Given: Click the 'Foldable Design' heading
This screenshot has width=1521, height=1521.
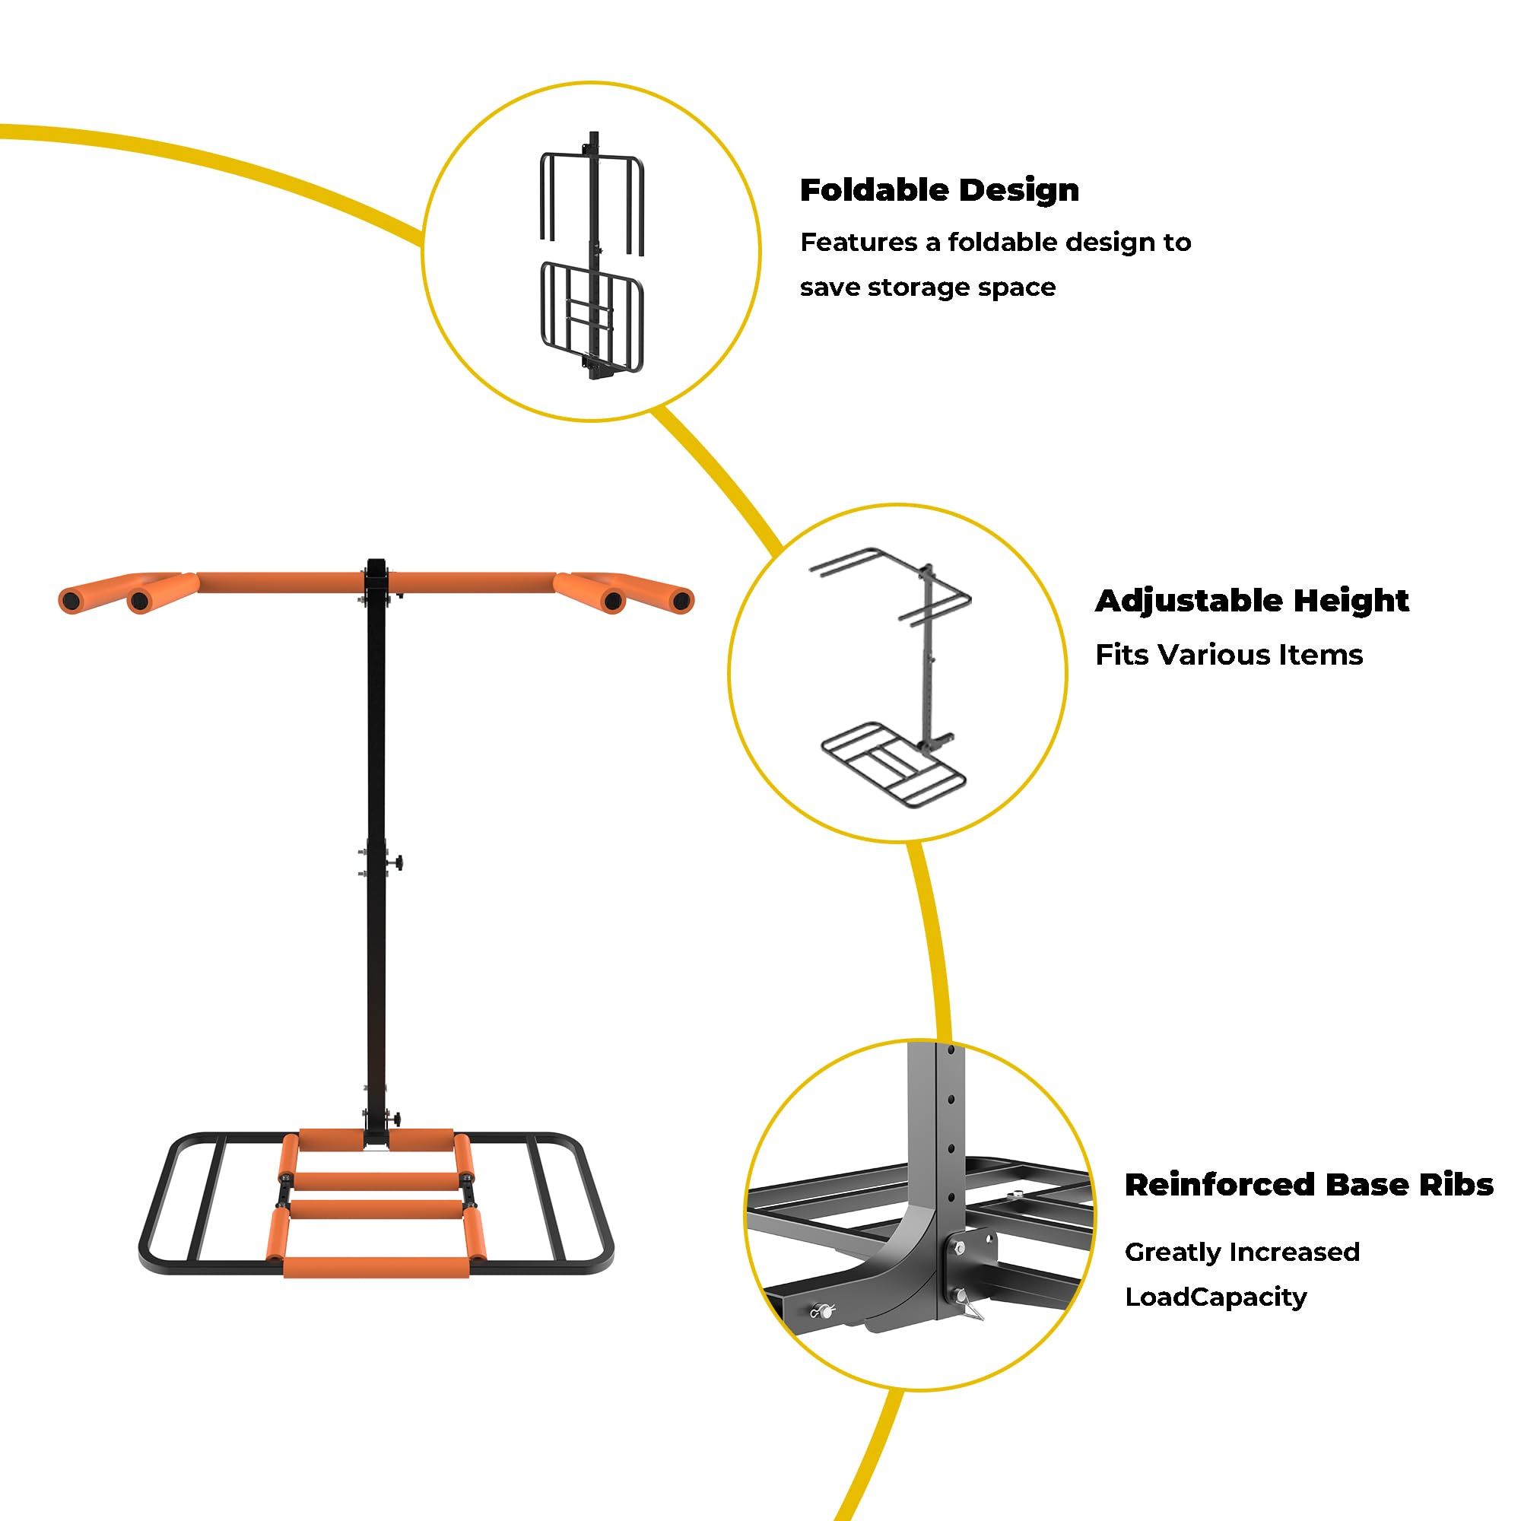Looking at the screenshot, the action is (939, 191).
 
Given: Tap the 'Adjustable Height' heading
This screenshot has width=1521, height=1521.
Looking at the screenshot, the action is (1252, 601).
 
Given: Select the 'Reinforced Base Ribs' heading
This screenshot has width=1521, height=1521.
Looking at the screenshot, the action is (1308, 1185).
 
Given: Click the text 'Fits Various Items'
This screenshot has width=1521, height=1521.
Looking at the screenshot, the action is (1229, 655).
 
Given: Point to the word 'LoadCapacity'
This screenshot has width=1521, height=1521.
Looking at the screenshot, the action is (1215, 1297).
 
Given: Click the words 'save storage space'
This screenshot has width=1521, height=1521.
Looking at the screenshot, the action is (927, 287).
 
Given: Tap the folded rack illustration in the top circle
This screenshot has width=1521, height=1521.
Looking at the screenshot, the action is (592, 255).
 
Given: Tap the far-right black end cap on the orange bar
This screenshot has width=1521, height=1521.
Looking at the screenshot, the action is (681, 602).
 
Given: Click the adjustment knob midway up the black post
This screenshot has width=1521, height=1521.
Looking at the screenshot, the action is (397, 864).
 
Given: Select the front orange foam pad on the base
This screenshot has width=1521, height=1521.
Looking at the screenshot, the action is (376, 1267).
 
